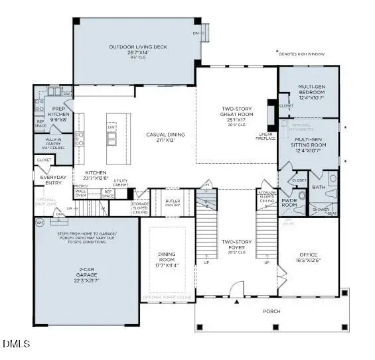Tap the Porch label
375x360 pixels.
click(x=272, y=311)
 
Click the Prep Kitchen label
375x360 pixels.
click(x=54, y=113)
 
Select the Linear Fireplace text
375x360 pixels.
click(x=265, y=137)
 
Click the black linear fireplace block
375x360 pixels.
click(x=271, y=115)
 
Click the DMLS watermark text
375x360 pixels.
click(x=13, y=343)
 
